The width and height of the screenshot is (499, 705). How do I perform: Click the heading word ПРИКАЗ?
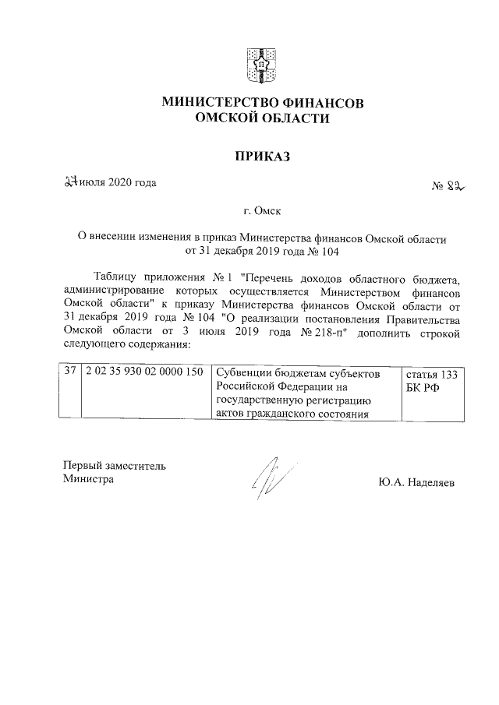click(x=262, y=157)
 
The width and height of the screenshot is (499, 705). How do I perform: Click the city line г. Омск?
click(x=262, y=211)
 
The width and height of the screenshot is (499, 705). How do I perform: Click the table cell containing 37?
click(x=70, y=373)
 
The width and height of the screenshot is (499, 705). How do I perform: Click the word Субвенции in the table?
click(x=242, y=373)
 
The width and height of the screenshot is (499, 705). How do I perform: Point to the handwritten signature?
click(x=269, y=478)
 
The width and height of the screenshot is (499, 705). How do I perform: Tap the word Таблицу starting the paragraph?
click(x=115, y=277)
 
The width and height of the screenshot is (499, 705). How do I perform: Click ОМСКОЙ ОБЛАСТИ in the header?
click(x=262, y=118)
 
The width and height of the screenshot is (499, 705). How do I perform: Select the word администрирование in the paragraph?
click(x=114, y=291)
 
